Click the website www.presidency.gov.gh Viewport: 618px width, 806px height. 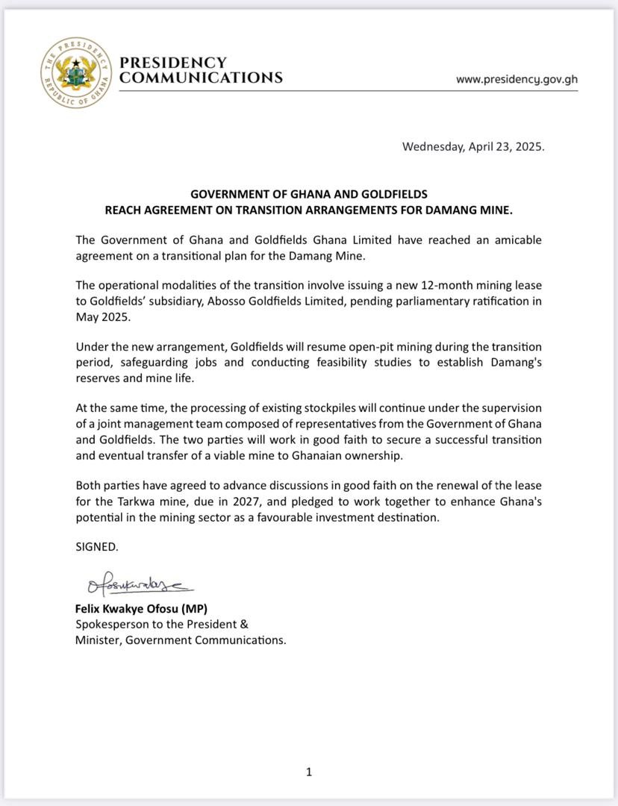(x=516, y=79)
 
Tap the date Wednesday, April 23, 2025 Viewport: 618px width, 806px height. (x=473, y=146)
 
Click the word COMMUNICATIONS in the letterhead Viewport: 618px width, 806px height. (x=202, y=78)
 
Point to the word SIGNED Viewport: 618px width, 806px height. (x=96, y=546)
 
